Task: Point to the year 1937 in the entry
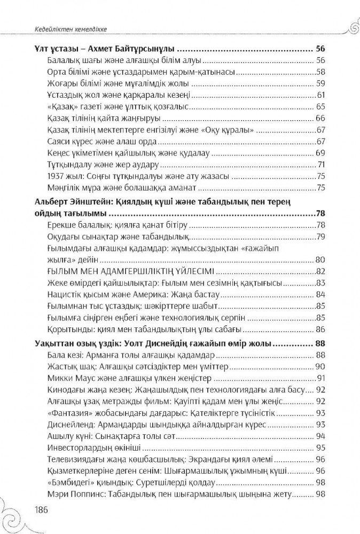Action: (x=57, y=177)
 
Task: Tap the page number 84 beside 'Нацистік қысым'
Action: (x=320, y=295)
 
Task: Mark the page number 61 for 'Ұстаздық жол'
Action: (x=321, y=95)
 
